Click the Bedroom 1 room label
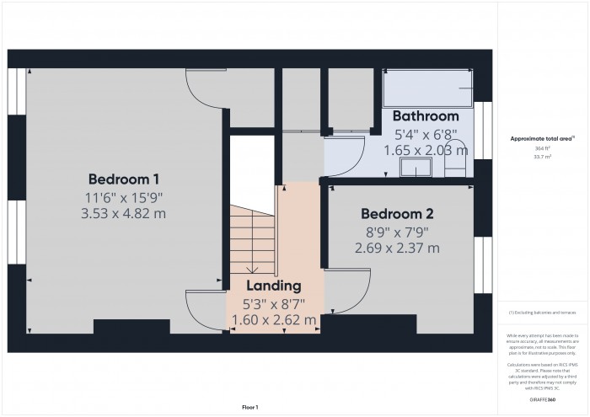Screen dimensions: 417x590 point(124,179)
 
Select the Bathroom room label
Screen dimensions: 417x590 point(426,115)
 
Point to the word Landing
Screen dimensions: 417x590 point(273,286)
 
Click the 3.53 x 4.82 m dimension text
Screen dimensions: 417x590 point(124,214)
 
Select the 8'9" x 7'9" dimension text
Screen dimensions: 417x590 point(396,231)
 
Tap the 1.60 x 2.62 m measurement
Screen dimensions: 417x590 point(273,320)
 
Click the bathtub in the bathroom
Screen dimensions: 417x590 point(426,88)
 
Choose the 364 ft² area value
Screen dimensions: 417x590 point(543,148)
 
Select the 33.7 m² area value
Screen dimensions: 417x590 point(543,157)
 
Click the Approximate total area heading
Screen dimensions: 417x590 point(542,138)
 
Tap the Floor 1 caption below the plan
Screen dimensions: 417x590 point(249,407)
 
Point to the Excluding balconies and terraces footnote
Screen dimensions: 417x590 point(543,313)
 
